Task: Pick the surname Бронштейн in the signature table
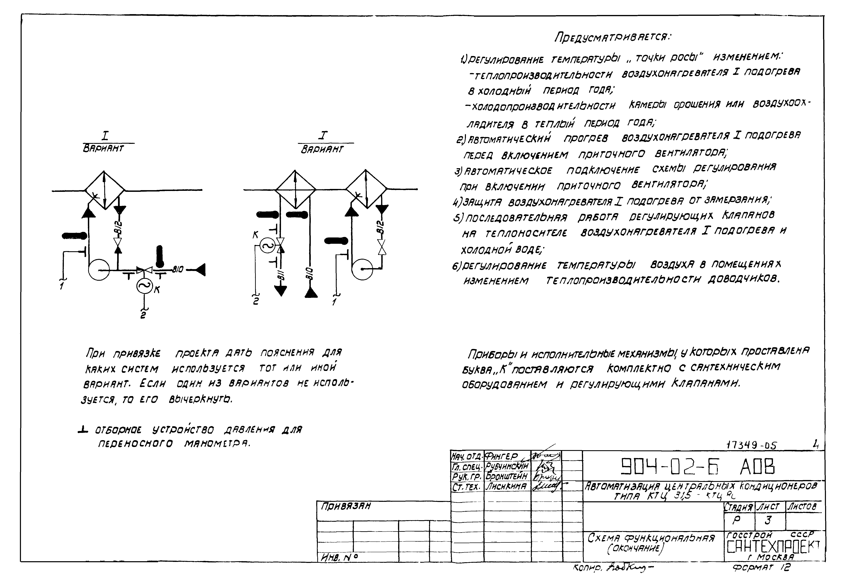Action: [x=506, y=476]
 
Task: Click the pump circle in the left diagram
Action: [x=99, y=270]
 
